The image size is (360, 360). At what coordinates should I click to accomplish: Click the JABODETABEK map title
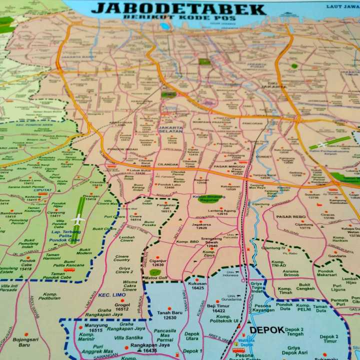point(178,8)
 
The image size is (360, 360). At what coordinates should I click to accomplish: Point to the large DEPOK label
point(267,330)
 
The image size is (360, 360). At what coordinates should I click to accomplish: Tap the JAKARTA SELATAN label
point(170,129)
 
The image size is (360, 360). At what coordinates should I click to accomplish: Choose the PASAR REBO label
point(291,216)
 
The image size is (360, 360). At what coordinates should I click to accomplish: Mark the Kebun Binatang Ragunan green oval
point(210,198)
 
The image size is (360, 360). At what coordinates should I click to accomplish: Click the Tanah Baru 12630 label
point(169,315)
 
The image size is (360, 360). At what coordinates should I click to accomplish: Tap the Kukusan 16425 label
point(197,285)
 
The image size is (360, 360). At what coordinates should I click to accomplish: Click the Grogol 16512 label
point(122,306)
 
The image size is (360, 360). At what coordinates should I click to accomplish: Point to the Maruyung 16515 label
point(95,328)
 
